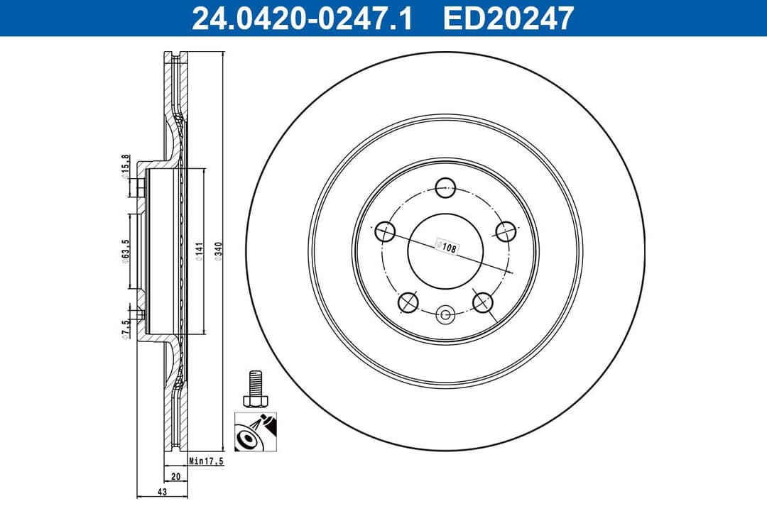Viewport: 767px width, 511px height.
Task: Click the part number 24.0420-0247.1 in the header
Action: click(302, 18)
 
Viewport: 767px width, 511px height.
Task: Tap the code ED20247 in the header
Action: click(508, 18)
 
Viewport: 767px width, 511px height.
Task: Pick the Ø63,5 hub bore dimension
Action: click(125, 252)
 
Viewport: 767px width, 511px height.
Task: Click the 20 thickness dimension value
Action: click(174, 476)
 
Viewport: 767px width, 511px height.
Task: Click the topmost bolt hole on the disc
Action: click(445, 188)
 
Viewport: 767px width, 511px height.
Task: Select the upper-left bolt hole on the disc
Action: click(384, 231)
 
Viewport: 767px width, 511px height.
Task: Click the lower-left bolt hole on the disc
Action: click(408, 302)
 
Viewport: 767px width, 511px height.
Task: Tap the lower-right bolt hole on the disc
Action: click(483, 302)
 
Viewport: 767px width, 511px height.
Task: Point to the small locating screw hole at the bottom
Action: click(445, 314)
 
